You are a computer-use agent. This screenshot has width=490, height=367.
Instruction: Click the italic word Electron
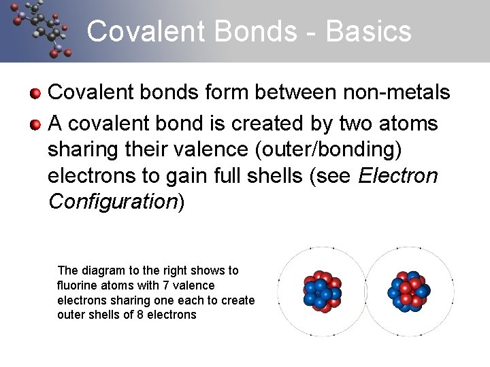click(397, 176)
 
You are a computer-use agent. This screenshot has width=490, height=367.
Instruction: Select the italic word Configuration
click(112, 202)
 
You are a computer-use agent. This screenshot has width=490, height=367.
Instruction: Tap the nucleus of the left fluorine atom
click(322, 292)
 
